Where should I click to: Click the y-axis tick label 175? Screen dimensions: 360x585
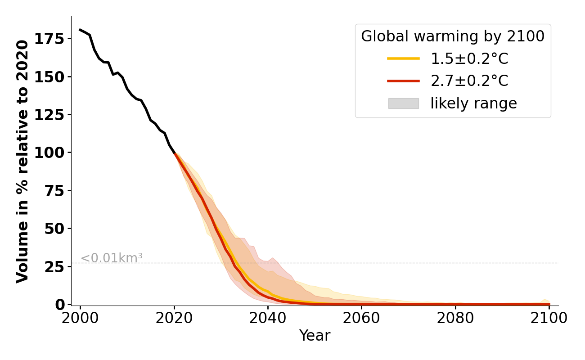49,39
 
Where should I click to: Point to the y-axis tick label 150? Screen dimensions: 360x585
49,76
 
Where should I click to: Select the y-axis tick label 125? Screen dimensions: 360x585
49,114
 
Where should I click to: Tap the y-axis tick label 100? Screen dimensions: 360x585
49,153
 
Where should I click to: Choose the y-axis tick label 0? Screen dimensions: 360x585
60,304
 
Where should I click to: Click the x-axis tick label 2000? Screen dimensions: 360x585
81,318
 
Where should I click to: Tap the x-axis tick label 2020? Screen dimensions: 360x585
174,318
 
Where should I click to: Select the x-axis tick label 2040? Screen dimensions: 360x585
268,318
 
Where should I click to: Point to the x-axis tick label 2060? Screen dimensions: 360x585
361,318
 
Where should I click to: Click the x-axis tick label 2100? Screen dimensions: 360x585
549,318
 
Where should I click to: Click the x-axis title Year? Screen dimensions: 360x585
315,336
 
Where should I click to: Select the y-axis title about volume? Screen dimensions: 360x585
22,161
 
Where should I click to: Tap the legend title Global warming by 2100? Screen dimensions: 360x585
453,36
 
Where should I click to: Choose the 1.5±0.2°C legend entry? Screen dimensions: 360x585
469,58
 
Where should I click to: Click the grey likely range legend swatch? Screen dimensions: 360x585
403,103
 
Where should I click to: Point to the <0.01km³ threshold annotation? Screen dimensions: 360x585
112,258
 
